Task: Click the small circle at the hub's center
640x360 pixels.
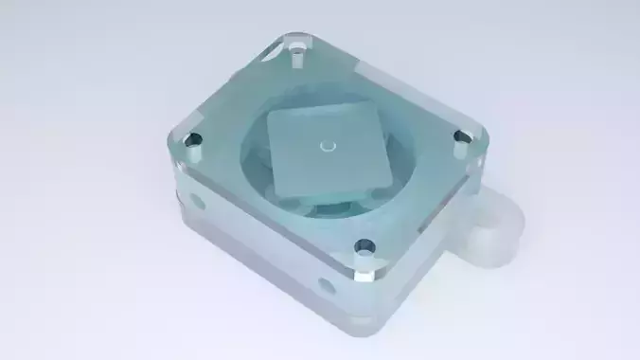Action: coord(328,146)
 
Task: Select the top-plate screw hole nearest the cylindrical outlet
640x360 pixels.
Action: coord(462,138)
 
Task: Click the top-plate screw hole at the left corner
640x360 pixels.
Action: coord(194,141)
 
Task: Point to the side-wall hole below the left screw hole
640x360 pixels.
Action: coord(198,202)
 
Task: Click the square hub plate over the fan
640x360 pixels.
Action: coord(328,148)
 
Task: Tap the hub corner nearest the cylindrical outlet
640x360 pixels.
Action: coord(391,172)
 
